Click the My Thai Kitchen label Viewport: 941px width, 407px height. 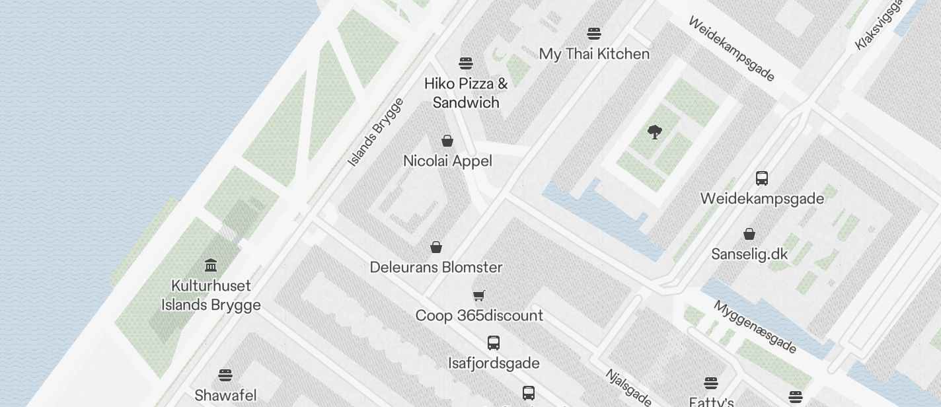tap(594, 54)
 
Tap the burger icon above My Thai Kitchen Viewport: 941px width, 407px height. tap(594, 34)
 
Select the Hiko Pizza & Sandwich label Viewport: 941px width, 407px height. tap(466, 93)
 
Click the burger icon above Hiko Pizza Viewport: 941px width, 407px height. tap(466, 63)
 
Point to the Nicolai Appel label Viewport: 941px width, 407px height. tap(447, 161)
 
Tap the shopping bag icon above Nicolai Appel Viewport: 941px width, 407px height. tap(447, 141)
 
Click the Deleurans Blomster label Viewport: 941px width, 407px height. tap(436, 268)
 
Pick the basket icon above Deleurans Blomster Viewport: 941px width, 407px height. tap(436, 247)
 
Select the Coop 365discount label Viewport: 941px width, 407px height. tap(479, 316)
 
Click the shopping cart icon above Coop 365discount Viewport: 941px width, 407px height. tap(479, 295)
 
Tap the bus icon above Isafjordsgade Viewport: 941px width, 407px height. tap(494, 343)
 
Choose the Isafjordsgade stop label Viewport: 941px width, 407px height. tap(494, 363)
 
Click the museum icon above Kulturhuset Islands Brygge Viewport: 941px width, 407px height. tap(211, 266)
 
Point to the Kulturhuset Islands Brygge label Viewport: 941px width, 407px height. tap(211, 295)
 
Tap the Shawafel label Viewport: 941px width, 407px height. tap(225, 396)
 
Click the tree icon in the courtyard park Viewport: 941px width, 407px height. tap(655, 132)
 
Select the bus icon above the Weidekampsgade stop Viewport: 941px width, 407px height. tap(762, 178)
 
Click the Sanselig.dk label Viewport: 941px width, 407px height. tap(749, 254)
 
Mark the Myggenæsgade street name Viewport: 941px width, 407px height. tap(755, 327)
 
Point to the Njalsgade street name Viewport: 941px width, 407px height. tap(628, 387)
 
